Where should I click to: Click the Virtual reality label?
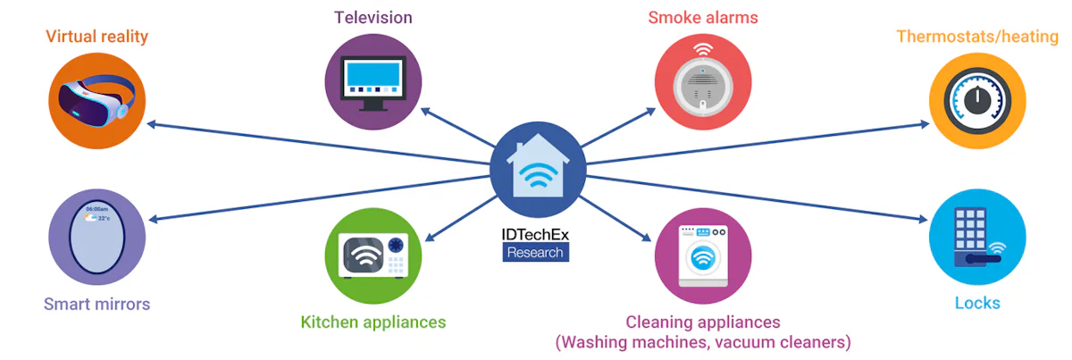pos(96,37)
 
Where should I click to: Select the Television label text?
pos(373,17)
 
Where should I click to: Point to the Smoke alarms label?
pos(702,17)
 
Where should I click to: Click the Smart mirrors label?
pos(96,304)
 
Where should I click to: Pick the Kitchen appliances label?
pos(373,322)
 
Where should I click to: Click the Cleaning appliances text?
pos(702,322)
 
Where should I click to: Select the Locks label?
pos(976,303)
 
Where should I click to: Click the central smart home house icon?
pos(538,168)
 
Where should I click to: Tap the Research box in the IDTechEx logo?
pos(535,252)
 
